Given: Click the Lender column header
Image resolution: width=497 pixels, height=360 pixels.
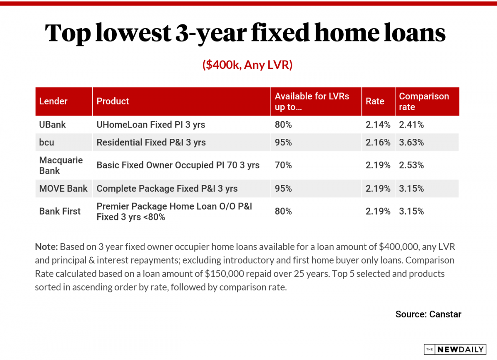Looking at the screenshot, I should [53, 101].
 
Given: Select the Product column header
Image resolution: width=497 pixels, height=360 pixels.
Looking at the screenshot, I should [113, 101].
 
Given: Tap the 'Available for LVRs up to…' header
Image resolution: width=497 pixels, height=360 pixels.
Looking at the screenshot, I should [312, 101].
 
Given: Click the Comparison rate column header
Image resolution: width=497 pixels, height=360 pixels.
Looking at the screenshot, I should [424, 101].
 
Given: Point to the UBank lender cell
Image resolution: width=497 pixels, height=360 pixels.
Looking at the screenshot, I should [52, 124].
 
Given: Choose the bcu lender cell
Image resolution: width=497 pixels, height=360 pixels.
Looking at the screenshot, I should [47, 143].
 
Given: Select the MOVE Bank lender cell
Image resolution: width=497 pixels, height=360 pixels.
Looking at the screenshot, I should [63, 188].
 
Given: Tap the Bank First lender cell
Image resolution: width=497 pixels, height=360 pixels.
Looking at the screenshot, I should [60, 211].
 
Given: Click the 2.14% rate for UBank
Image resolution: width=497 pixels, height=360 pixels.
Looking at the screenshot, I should [378, 124].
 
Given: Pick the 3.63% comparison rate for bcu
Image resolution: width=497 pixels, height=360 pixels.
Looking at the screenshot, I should [411, 143].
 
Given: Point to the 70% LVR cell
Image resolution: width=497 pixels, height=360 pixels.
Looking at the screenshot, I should [283, 165].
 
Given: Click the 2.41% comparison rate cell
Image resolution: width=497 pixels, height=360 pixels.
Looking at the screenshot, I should [411, 124].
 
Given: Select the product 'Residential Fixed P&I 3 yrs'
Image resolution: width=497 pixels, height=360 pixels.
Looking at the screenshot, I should [151, 143].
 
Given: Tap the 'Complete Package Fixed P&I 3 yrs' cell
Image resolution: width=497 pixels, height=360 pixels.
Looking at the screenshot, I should [167, 188].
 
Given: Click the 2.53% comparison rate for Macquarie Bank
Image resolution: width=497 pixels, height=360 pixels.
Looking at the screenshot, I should [411, 165].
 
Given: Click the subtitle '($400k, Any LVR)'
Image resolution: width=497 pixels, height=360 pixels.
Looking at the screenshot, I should [248, 65].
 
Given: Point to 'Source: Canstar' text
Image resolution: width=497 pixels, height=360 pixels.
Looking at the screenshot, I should [428, 314].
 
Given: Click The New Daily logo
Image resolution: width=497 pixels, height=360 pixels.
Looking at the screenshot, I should [454, 350].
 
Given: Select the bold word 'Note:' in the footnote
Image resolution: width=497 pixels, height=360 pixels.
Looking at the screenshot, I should [46, 247].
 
